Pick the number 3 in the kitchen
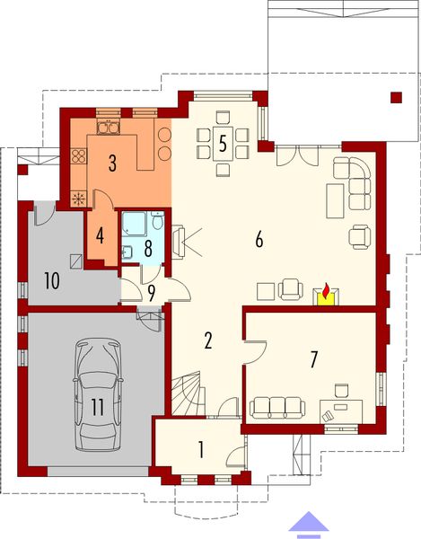(x=113, y=163)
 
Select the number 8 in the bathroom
(x=150, y=244)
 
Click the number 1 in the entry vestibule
(x=200, y=449)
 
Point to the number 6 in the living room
(x=259, y=240)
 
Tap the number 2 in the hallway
(x=207, y=340)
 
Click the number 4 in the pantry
(x=101, y=237)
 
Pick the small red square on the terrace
(x=395, y=97)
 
